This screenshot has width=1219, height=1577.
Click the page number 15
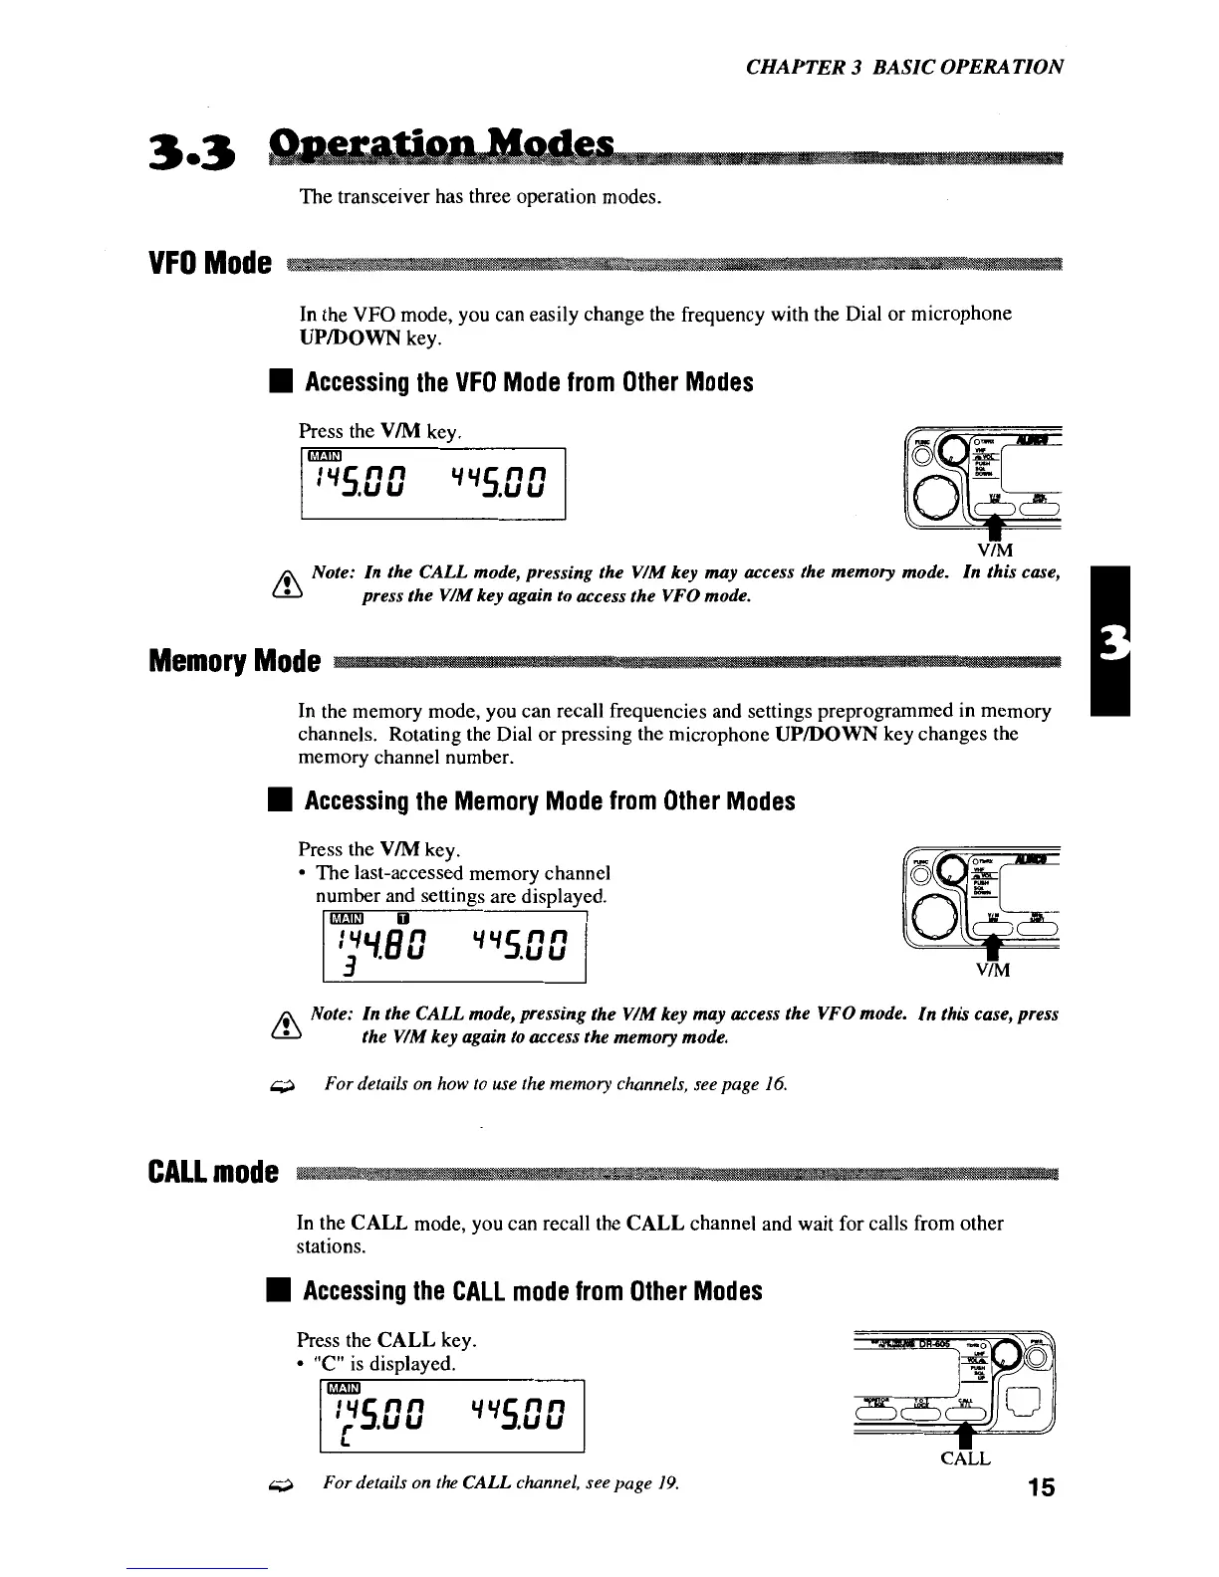click(x=1041, y=1488)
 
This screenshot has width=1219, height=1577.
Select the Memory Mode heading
click(x=234, y=660)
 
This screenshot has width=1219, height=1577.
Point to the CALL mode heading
click(x=210, y=1171)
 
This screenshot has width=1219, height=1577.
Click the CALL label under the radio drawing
click(x=965, y=1459)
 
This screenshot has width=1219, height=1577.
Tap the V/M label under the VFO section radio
click(x=996, y=548)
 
